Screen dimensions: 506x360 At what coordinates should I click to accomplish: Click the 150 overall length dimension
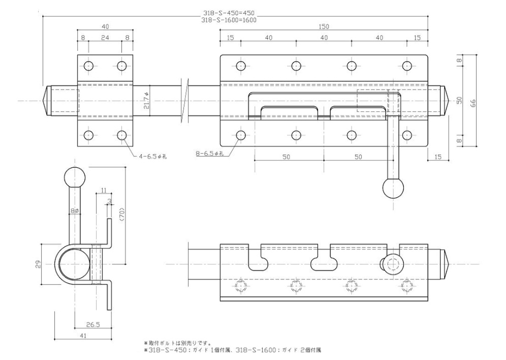tap(324, 26)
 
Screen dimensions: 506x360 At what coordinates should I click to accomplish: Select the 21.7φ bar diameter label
tap(147, 100)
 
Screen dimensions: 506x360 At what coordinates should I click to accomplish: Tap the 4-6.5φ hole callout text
tap(153, 157)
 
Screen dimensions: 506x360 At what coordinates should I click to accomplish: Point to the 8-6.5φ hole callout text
tap(210, 154)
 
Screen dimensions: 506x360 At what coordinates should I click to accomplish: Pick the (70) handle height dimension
tap(121, 214)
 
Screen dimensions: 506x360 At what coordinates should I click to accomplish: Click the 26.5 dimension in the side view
tap(93, 325)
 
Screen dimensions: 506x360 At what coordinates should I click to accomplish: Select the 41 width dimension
tap(83, 336)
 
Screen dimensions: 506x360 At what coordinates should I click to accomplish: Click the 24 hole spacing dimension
tap(105, 38)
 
